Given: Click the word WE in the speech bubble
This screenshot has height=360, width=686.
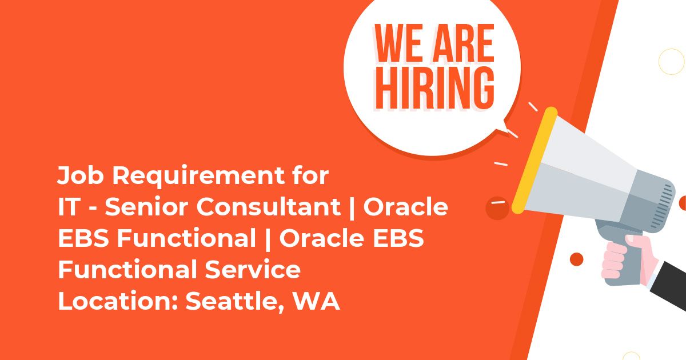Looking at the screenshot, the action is tap(400, 43).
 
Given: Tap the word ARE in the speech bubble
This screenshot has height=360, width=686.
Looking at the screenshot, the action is tap(462, 43).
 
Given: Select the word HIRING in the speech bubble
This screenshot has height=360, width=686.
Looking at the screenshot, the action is tap(434, 88).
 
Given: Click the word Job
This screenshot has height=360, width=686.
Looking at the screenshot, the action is tap(80, 175).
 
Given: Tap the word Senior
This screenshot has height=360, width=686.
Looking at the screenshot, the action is tap(147, 207).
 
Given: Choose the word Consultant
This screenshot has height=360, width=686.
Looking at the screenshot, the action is tap(268, 207).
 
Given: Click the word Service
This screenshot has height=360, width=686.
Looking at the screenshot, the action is tap(253, 269).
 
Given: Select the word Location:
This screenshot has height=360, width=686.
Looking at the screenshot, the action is tap(118, 301).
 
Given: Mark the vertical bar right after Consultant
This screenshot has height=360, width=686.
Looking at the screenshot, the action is tap(352, 208).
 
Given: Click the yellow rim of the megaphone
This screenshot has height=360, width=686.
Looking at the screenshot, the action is tap(535, 160).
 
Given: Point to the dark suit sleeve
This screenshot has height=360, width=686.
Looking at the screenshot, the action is tap(669, 284).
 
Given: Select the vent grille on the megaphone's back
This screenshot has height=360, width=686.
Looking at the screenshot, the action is tap(663, 207).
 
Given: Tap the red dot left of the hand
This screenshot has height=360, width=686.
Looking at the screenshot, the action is tap(576, 259).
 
